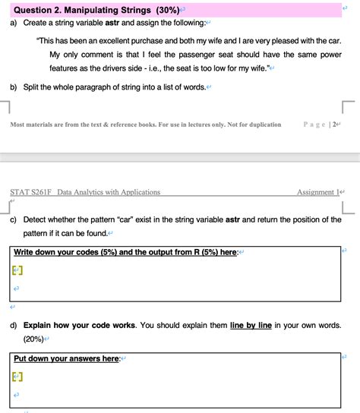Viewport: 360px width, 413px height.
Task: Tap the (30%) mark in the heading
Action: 165,10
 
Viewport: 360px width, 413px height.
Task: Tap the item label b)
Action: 14,87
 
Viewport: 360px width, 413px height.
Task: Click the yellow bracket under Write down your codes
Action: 17,270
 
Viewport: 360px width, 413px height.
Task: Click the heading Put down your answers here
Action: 67,358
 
